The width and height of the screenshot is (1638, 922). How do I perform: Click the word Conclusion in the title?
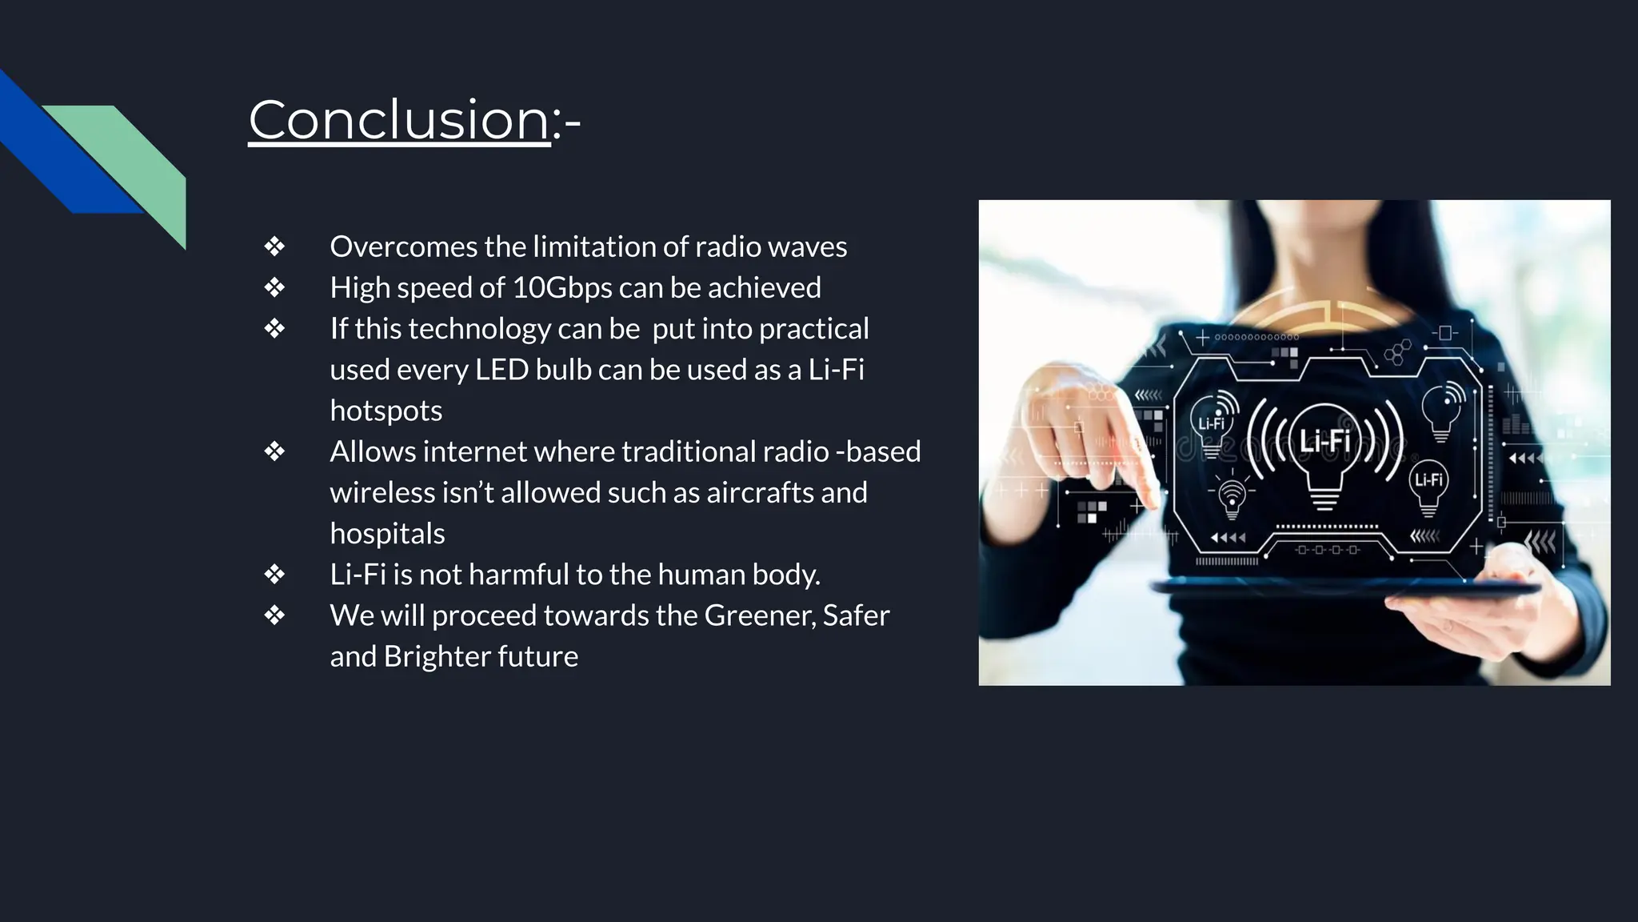point(399,120)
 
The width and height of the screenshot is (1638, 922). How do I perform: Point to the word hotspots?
point(386,411)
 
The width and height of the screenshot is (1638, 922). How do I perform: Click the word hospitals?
point(387,534)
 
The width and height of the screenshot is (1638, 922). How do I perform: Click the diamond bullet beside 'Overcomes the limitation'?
point(274,247)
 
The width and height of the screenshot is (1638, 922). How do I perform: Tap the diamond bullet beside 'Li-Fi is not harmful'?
point(274,575)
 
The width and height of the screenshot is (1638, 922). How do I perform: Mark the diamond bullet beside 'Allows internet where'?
point(274,451)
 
